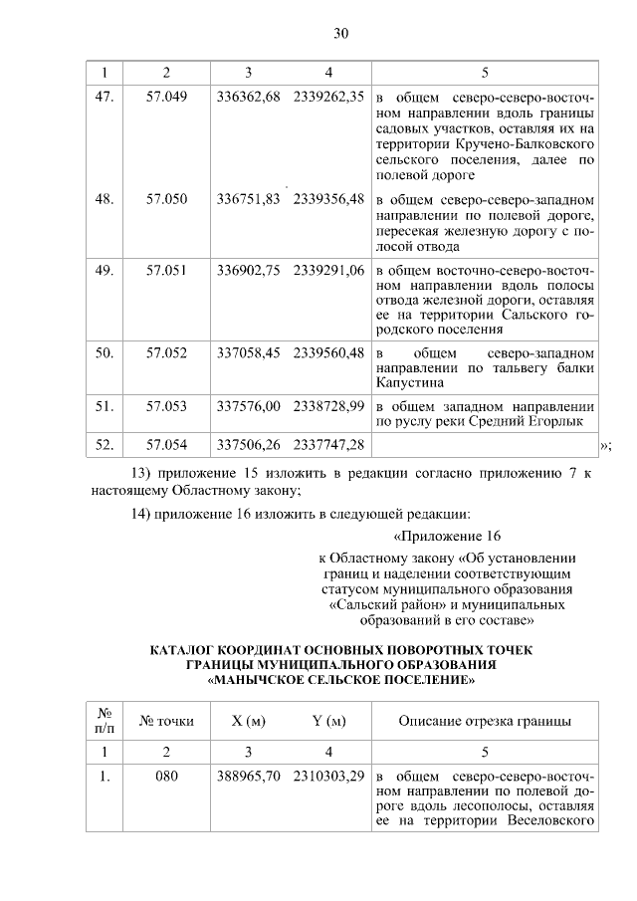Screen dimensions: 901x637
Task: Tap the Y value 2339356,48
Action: (x=328, y=199)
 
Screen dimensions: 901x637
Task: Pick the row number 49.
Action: (x=104, y=270)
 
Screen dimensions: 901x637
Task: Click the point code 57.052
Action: (x=166, y=352)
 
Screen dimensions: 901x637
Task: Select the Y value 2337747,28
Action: (x=328, y=443)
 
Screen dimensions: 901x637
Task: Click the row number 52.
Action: (x=104, y=443)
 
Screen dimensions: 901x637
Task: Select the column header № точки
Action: (x=166, y=721)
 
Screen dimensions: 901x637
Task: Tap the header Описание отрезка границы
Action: (x=485, y=721)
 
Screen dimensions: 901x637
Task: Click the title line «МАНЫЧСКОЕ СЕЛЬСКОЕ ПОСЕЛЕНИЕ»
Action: (x=340, y=681)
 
